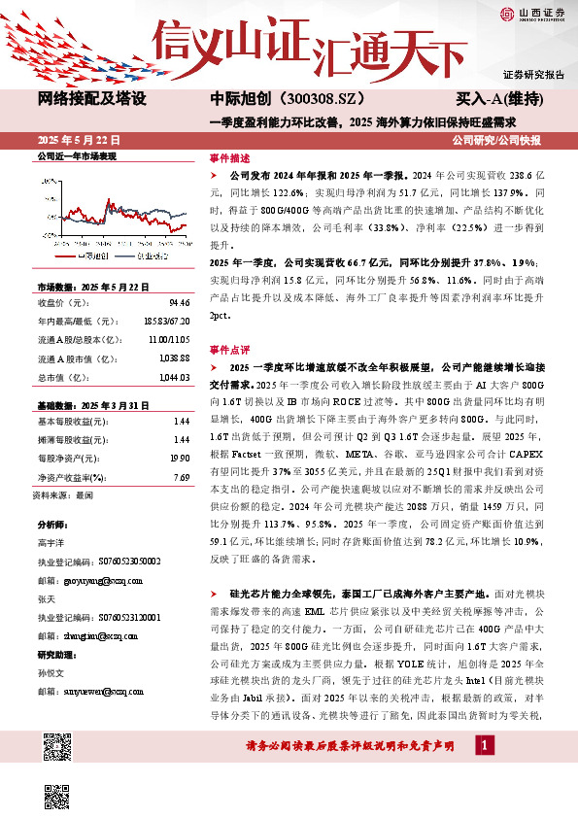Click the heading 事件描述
pos(229,156)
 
